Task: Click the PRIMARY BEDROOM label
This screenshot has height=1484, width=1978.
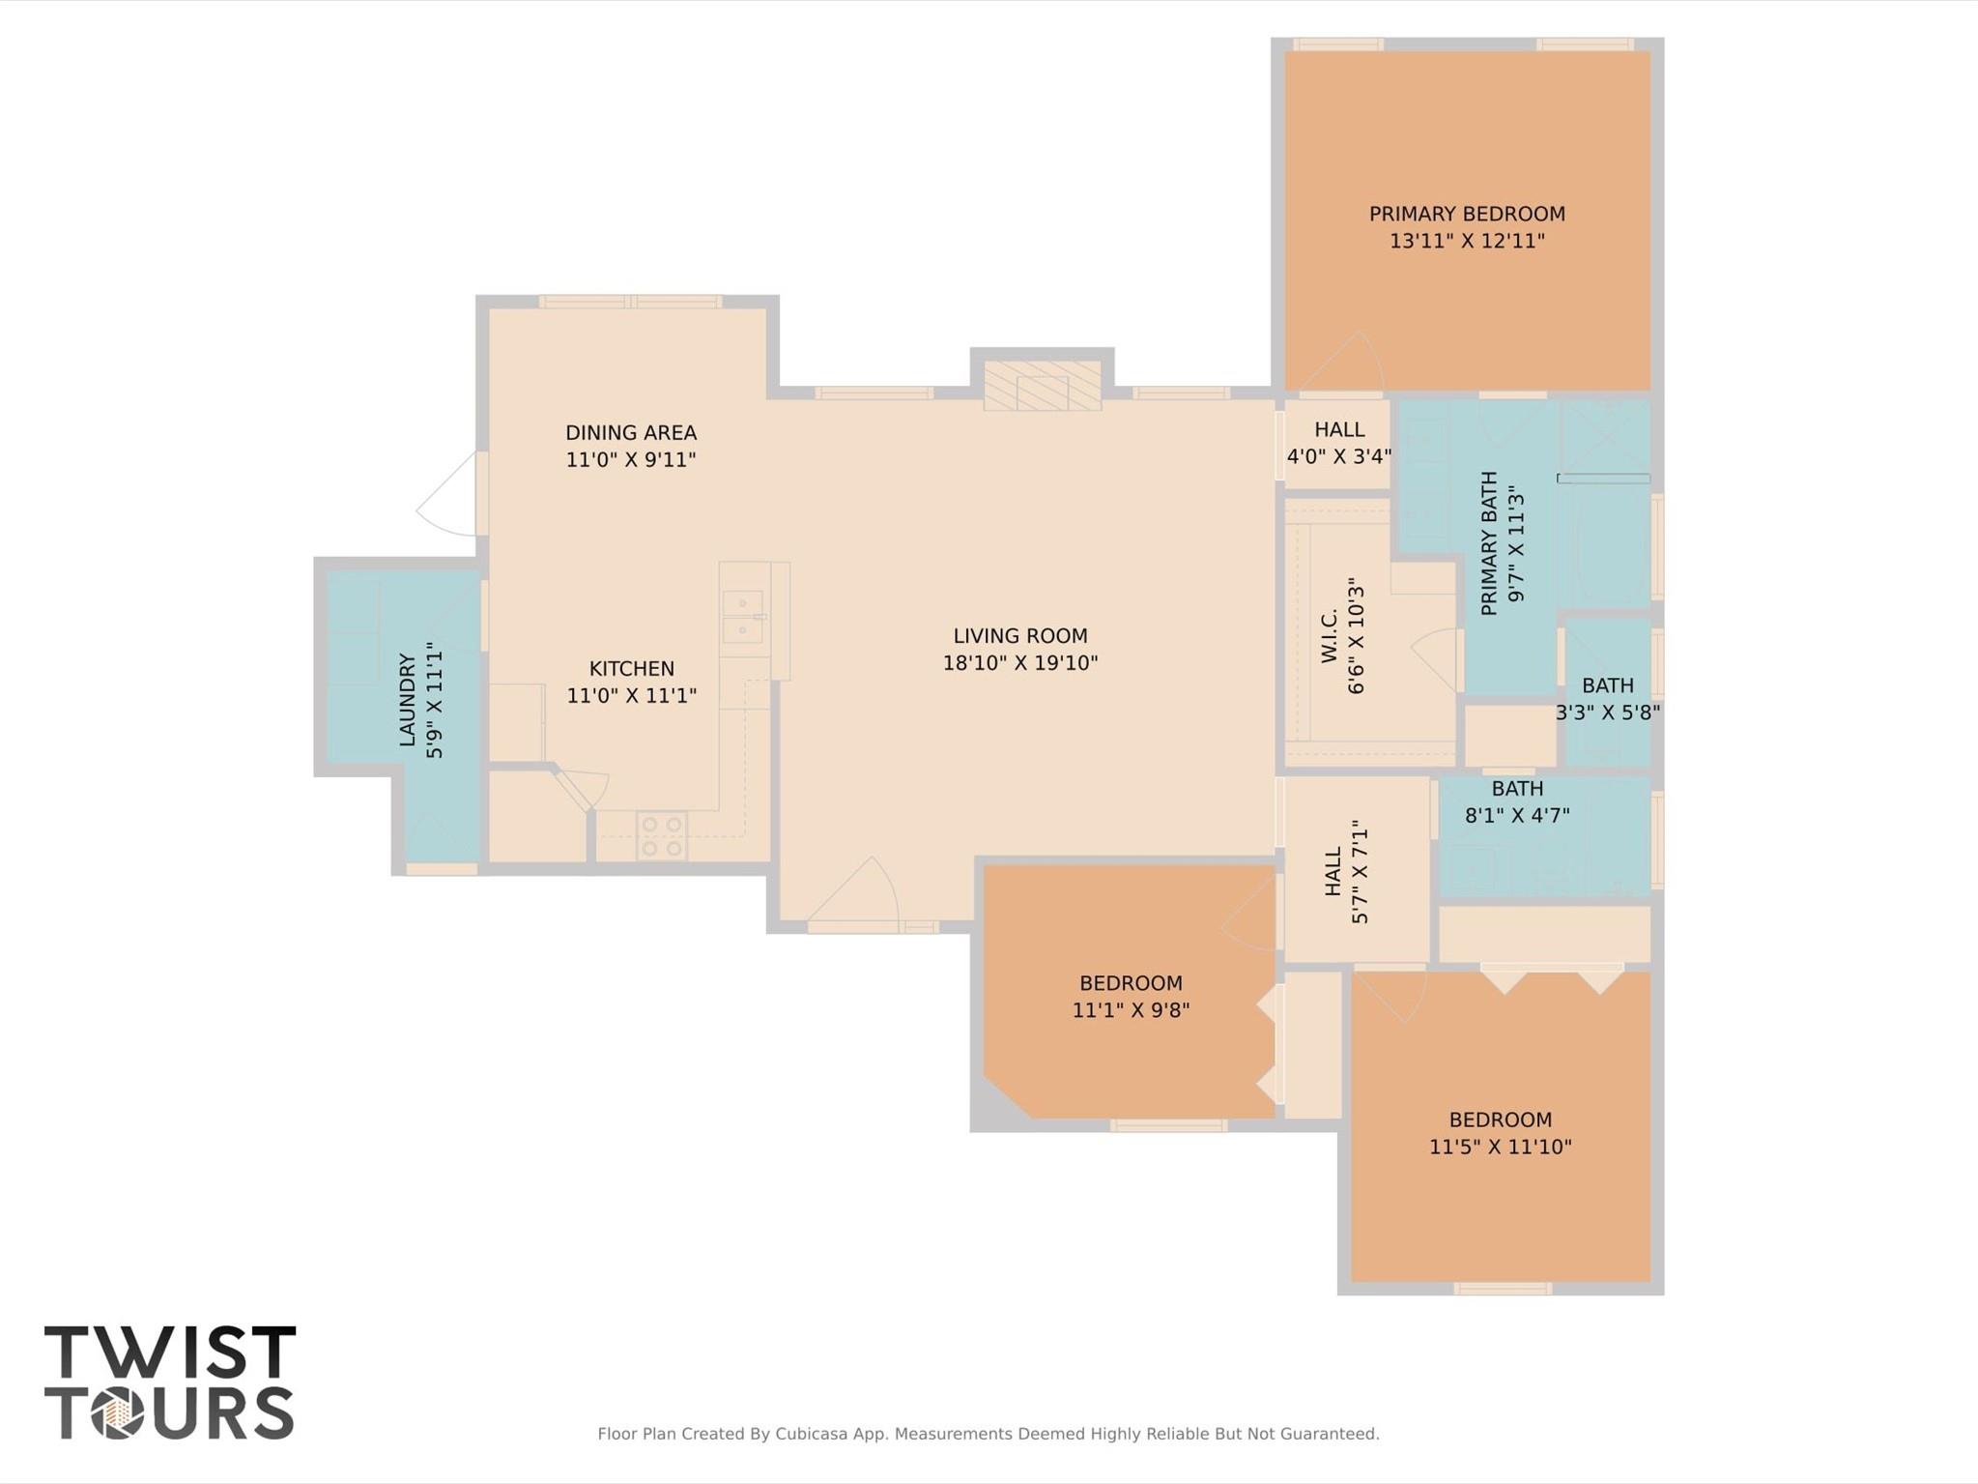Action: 1466,214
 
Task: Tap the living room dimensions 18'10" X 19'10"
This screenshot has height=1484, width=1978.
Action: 1019,663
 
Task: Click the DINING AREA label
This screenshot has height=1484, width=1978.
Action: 630,432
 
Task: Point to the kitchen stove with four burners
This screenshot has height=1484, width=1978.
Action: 662,836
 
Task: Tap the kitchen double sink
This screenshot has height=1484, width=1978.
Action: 742,617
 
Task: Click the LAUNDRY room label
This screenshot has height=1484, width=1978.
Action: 407,700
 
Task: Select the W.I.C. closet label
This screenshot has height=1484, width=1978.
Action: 1330,635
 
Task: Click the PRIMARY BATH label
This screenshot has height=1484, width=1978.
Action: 1489,542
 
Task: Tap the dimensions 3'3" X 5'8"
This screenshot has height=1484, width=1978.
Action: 1607,713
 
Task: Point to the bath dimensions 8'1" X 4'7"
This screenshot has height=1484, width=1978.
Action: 1516,815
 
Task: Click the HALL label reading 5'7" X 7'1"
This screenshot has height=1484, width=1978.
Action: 1333,871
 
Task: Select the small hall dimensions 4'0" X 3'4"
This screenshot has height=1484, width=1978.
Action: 1338,456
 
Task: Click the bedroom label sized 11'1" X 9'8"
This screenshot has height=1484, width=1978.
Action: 1130,983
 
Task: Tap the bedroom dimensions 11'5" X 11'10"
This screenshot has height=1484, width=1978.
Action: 1500,1147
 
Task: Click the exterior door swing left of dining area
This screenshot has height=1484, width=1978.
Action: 446,498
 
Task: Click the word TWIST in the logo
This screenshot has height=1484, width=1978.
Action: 170,1353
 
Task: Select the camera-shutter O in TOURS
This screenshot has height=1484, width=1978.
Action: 118,1414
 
